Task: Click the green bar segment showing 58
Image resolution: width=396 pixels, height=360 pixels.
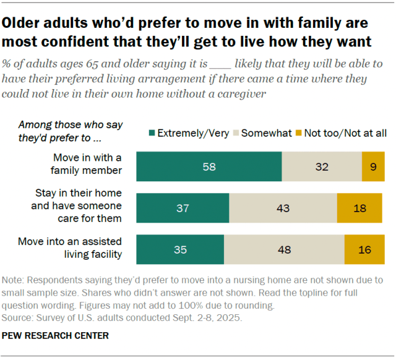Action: [x=209, y=167]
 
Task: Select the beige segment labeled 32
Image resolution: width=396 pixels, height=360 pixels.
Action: [x=322, y=167]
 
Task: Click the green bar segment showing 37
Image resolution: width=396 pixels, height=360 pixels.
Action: [x=183, y=208]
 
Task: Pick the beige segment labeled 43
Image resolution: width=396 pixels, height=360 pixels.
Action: [x=283, y=208]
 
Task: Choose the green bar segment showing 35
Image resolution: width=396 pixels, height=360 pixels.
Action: [x=180, y=250]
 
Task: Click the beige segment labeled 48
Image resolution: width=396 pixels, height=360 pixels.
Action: [x=284, y=250]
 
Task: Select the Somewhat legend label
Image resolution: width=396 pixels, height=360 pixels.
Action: [x=266, y=133]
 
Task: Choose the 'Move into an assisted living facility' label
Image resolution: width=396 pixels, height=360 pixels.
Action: [x=74, y=247]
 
